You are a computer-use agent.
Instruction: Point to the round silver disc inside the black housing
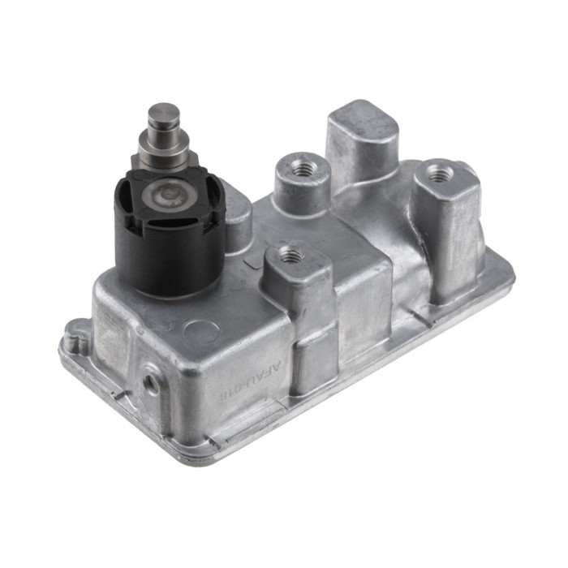(167, 195)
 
